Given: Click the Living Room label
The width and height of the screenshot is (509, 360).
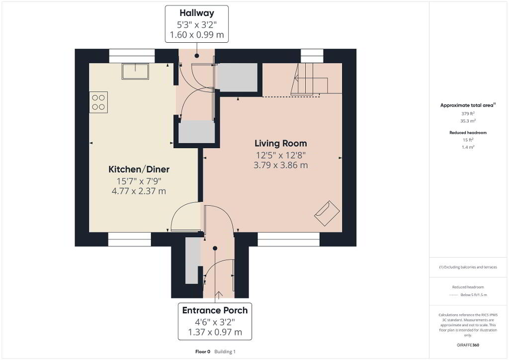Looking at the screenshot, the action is point(280,144).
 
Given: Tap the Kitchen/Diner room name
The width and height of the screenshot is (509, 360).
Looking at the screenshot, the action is point(139,169).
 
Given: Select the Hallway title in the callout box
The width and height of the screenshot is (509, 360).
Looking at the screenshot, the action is point(197,13).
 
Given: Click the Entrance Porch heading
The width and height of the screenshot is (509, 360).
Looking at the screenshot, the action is point(215,310).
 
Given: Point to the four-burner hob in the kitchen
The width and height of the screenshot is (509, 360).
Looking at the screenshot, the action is point(98,102).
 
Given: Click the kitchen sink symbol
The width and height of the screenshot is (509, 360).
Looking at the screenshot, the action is point(135,71).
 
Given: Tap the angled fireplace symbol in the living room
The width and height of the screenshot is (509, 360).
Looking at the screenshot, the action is point(327,213).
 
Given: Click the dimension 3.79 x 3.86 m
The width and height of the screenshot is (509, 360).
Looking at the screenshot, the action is point(280,165).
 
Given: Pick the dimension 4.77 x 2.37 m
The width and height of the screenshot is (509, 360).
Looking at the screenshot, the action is point(139,191).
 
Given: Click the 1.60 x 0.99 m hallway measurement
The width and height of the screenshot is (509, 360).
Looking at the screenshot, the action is point(197,35).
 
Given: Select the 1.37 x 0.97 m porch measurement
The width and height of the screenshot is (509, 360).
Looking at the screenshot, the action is point(215,332).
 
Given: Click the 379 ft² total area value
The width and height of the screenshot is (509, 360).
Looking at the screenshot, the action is point(468,113).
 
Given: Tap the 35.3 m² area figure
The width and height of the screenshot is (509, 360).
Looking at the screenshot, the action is point(468,121).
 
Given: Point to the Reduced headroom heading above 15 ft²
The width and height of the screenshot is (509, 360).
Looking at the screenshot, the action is point(468,132).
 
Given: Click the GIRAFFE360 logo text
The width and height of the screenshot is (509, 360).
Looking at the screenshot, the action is point(468,345).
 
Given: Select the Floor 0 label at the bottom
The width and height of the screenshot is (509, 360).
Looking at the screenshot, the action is point(203,352).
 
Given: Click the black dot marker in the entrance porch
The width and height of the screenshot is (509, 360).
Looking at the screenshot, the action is point(215,248).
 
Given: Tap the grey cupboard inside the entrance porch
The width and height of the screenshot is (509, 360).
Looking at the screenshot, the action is point(192,261).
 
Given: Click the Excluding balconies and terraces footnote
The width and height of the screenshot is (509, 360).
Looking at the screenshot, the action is point(468,267).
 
